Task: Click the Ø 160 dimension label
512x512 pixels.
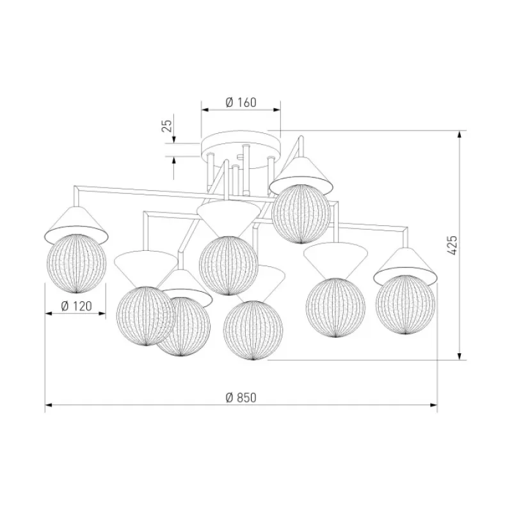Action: pos(241,102)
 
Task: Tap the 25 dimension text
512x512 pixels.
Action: pos(166,125)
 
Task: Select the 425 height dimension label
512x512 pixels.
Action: pos(452,245)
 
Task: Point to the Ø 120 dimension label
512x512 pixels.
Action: pos(76,306)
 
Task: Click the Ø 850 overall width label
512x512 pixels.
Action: pos(241,397)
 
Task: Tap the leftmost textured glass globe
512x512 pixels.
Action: pos(76,263)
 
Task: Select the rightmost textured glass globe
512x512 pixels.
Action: pos(405,305)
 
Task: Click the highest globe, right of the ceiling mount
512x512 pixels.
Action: pos(301,214)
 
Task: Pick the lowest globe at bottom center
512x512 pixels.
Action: pos(253,330)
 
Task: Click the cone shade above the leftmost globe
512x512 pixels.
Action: pos(76,223)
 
